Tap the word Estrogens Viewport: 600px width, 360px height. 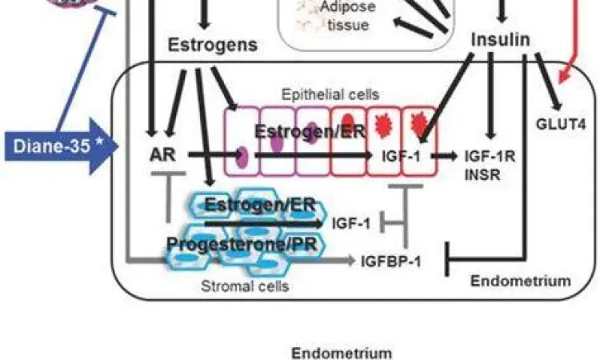click(x=213, y=45)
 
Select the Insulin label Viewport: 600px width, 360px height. click(x=501, y=39)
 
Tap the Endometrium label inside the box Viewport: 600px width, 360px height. click(x=520, y=281)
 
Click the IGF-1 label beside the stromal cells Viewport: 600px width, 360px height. click(x=350, y=224)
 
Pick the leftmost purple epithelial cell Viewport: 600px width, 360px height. click(x=242, y=142)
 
